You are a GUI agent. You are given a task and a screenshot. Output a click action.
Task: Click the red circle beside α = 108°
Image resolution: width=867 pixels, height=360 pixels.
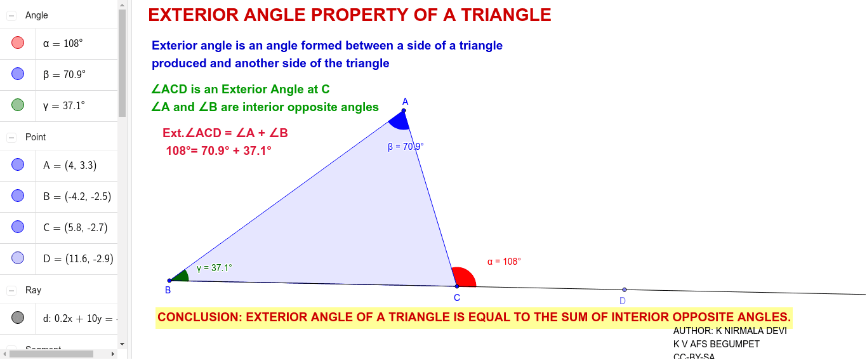point(18,43)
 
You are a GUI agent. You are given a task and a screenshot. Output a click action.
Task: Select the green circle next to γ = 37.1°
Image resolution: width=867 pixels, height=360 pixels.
point(18,105)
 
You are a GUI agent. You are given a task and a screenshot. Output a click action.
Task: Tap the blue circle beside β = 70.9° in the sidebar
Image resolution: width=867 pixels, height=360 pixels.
point(18,74)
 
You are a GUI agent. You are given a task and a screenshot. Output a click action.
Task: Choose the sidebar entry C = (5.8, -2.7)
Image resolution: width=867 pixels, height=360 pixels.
point(70,227)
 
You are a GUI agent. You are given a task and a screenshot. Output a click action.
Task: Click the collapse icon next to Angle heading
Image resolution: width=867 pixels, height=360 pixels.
point(11,15)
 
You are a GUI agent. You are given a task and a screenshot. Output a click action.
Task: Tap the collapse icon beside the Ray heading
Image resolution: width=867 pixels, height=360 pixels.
point(11,290)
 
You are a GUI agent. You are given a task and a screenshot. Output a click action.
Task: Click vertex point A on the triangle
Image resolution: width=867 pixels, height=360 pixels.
point(404,110)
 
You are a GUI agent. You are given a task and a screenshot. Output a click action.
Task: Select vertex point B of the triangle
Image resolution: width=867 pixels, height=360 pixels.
point(169,280)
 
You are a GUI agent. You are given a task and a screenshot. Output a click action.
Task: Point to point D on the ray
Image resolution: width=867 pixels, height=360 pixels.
point(625,290)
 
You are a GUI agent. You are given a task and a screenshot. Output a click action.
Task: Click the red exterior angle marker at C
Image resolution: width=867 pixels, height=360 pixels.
point(465,277)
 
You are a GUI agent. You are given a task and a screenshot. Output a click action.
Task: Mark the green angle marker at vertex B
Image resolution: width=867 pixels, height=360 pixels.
point(182,276)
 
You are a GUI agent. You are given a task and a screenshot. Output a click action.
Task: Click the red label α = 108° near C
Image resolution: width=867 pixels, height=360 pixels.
point(504,262)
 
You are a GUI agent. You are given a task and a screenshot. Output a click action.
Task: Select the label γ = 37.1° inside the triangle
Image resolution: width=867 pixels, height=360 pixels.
point(214,268)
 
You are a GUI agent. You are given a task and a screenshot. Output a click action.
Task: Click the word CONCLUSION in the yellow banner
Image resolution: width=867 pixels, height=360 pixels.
point(199,317)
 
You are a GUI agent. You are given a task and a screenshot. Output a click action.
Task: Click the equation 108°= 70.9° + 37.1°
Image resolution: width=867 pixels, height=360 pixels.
point(218,151)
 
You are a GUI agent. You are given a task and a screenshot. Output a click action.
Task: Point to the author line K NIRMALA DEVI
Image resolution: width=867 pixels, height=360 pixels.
point(730,331)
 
